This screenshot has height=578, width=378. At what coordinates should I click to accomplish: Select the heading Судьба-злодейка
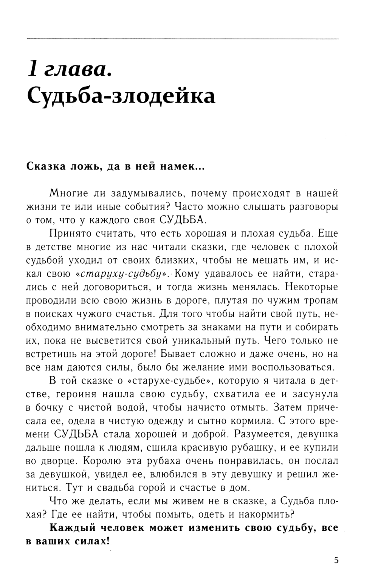tap(121, 96)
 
